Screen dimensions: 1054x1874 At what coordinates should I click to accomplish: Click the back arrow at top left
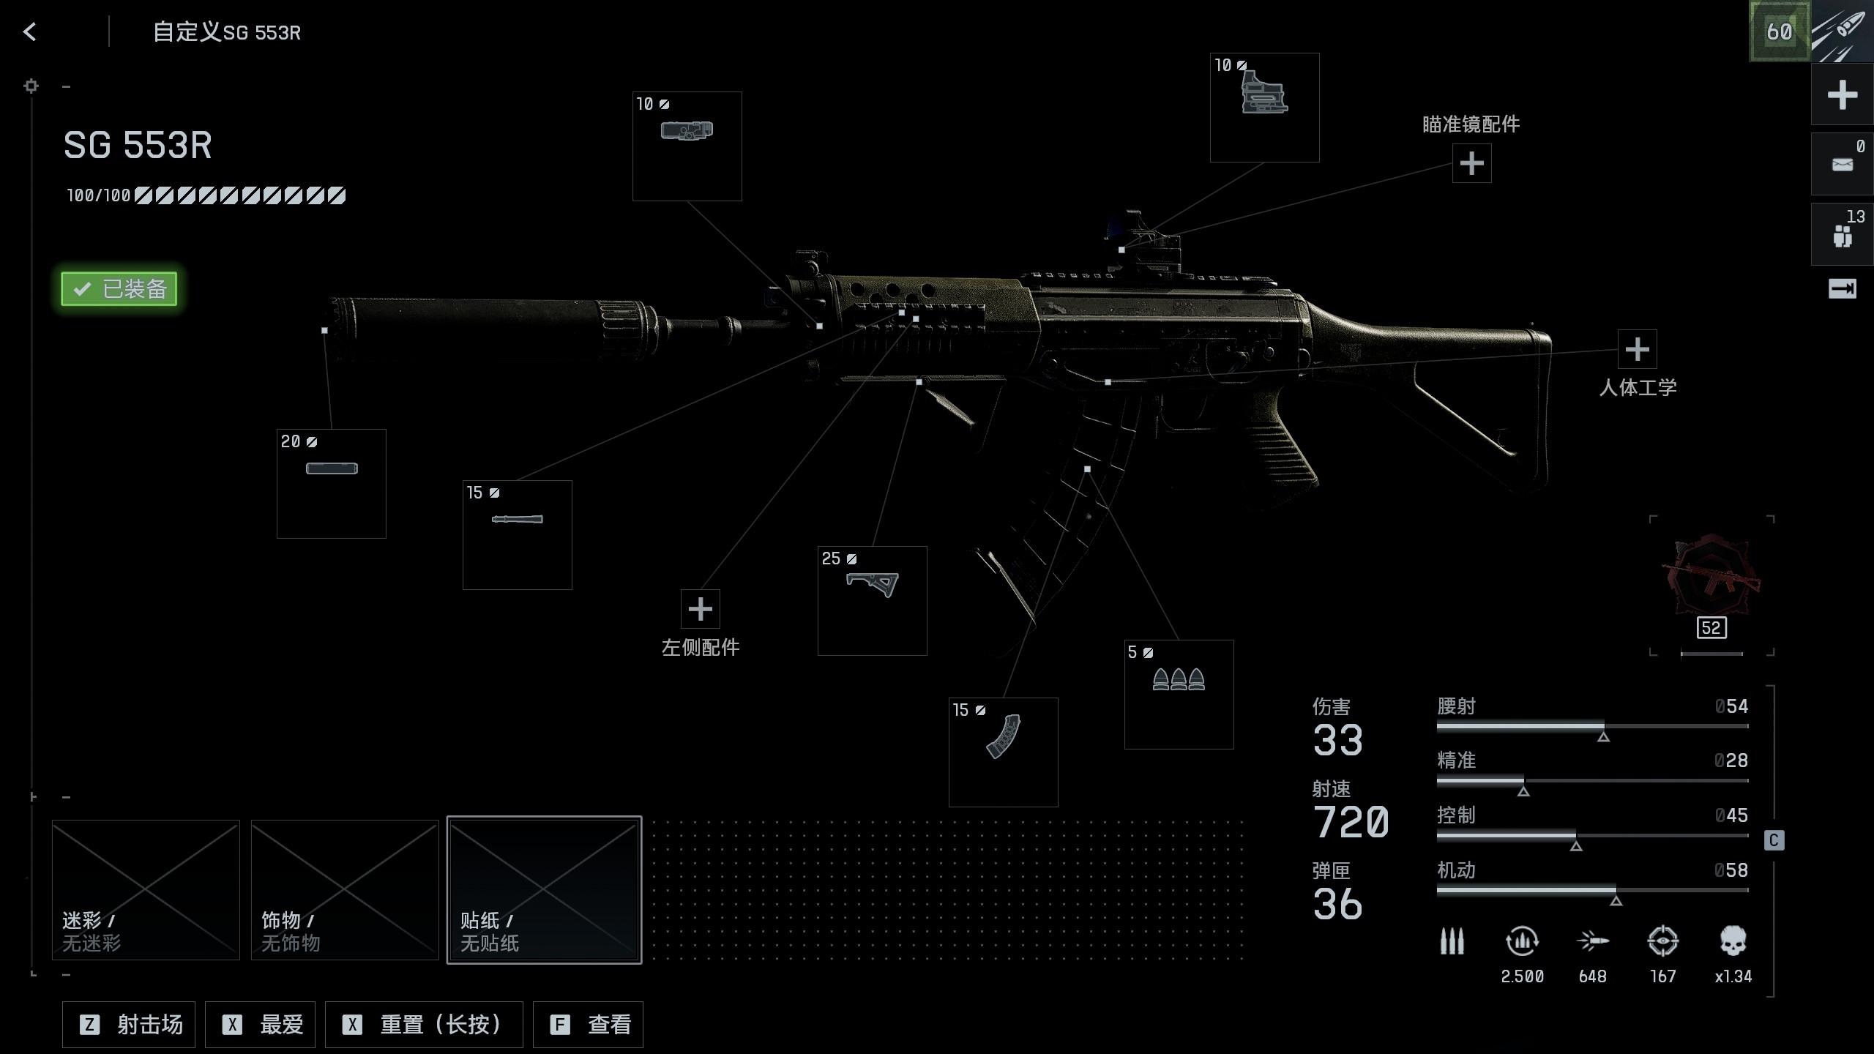[x=29, y=31]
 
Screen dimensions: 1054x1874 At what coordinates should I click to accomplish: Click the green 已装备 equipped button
[x=119, y=288]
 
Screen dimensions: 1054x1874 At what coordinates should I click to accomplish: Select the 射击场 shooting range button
[x=130, y=1025]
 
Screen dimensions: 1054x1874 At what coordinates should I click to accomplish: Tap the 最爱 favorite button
[x=261, y=1025]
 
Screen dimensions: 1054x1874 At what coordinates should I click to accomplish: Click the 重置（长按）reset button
[x=424, y=1025]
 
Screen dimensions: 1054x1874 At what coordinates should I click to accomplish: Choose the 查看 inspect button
[x=589, y=1025]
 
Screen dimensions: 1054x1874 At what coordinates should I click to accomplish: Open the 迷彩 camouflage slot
[x=146, y=890]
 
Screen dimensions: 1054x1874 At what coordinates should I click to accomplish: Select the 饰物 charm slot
[x=345, y=890]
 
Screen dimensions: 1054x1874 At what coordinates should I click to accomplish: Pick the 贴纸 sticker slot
[x=544, y=890]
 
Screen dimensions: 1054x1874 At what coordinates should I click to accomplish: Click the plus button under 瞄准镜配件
[x=1471, y=163]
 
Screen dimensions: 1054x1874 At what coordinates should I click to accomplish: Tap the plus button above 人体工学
[x=1637, y=349]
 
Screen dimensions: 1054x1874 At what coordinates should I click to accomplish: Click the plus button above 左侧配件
[x=701, y=609]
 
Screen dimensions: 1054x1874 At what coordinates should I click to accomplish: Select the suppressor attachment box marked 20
[x=332, y=484]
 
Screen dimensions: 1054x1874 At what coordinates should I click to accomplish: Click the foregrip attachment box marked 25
[x=873, y=601]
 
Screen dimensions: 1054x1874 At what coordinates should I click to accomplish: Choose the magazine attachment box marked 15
[x=1004, y=752]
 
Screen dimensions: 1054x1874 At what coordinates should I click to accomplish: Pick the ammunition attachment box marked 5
[x=1179, y=695]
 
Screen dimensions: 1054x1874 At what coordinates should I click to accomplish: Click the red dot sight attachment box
[x=1265, y=108]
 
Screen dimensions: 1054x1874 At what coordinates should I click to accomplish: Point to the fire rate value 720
[x=1351, y=822]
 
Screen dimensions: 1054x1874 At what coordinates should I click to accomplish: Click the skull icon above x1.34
[x=1733, y=941]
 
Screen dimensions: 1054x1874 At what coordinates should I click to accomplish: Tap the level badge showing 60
[x=1779, y=31]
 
